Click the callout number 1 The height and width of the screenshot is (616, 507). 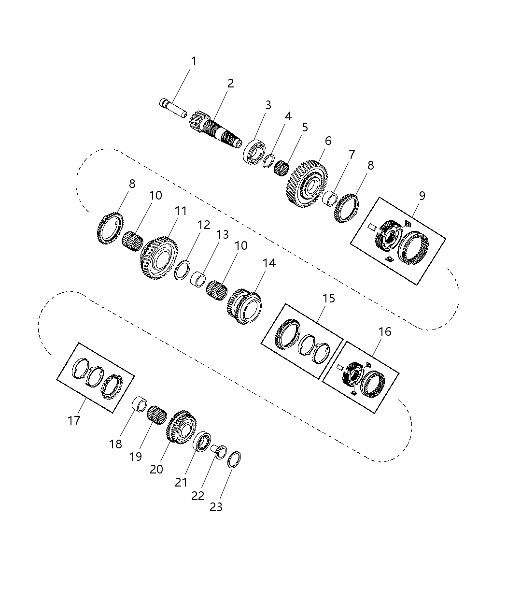194,61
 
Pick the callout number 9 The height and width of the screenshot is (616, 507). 422,196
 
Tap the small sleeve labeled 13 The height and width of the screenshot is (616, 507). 199,279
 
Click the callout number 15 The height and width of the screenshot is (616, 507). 329,298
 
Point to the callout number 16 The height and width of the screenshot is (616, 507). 385,332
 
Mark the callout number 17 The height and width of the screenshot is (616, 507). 74,420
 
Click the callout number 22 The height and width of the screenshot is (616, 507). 198,496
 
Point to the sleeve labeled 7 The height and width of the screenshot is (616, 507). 330,198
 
